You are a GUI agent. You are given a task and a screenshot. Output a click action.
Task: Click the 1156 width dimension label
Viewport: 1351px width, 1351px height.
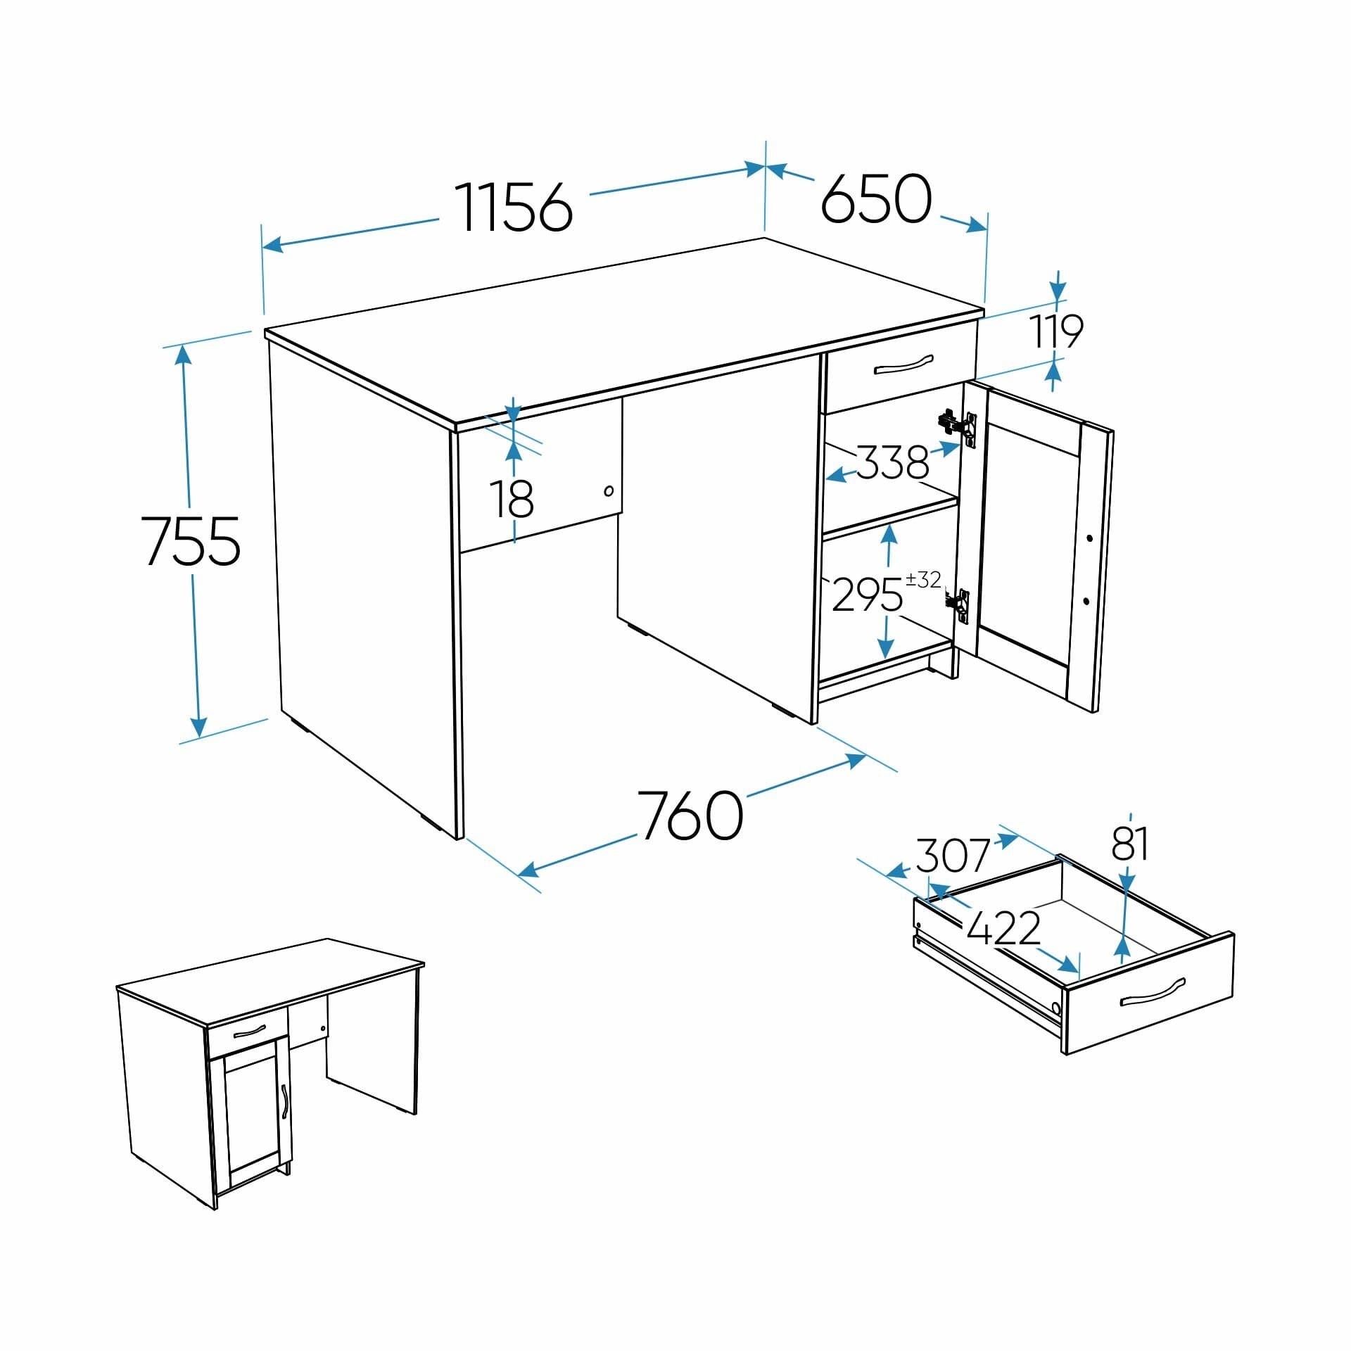(514, 207)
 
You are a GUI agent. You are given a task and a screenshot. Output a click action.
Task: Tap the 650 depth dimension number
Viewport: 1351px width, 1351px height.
(876, 199)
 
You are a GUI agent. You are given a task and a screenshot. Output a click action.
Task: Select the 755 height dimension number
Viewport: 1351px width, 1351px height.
(191, 540)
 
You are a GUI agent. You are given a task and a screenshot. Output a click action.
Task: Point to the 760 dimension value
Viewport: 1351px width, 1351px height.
(690, 815)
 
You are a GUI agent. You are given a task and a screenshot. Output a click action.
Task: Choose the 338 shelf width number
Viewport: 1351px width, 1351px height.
(892, 462)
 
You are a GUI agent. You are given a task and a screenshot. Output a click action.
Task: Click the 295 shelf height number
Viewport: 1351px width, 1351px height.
(867, 595)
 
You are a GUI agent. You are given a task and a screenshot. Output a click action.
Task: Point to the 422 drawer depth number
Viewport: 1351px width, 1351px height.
(1003, 928)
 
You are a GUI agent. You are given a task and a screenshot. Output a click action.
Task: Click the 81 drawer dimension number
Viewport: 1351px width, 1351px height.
(1130, 844)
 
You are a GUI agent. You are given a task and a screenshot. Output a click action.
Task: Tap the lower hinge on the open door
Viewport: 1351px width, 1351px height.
(957, 603)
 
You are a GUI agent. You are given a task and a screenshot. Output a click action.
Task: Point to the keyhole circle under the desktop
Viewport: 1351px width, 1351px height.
(609, 490)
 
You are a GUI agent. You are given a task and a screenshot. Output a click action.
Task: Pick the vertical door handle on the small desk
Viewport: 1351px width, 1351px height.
(284, 1101)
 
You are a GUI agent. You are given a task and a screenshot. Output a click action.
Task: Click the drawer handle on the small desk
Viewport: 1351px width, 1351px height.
(248, 1032)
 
